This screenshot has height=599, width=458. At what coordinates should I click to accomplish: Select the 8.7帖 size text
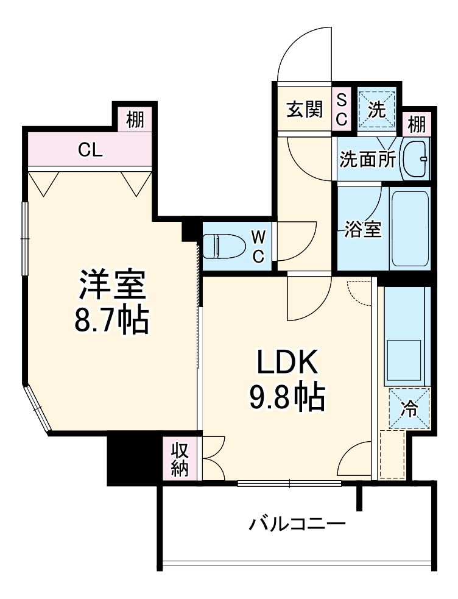pyautogui.click(x=111, y=320)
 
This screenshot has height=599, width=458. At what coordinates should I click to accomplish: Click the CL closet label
pyautogui.click(x=90, y=150)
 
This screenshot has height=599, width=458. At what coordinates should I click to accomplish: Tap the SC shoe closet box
pyautogui.click(x=342, y=110)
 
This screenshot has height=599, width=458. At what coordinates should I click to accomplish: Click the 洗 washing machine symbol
pyautogui.click(x=378, y=110)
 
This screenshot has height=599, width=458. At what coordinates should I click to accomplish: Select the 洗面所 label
pyautogui.click(x=368, y=160)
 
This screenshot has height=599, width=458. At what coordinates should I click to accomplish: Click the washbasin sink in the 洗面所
pyautogui.click(x=418, y=159)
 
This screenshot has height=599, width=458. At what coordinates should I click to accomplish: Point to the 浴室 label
pyautogui.click(x=363, y=230)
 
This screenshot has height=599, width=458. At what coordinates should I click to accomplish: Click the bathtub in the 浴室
pyautogui.click(x=410, y=229)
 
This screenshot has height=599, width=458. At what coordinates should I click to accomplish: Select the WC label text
pyautogui.click(x=258, y=246)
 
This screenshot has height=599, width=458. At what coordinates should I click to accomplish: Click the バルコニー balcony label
pyautogui.click(x=297, y=523)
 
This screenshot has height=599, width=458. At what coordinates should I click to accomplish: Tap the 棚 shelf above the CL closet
pyautogui.click(x=135, y=119)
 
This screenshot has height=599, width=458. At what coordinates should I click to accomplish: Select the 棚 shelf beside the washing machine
pyautogui.click(x=417, y=124)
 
